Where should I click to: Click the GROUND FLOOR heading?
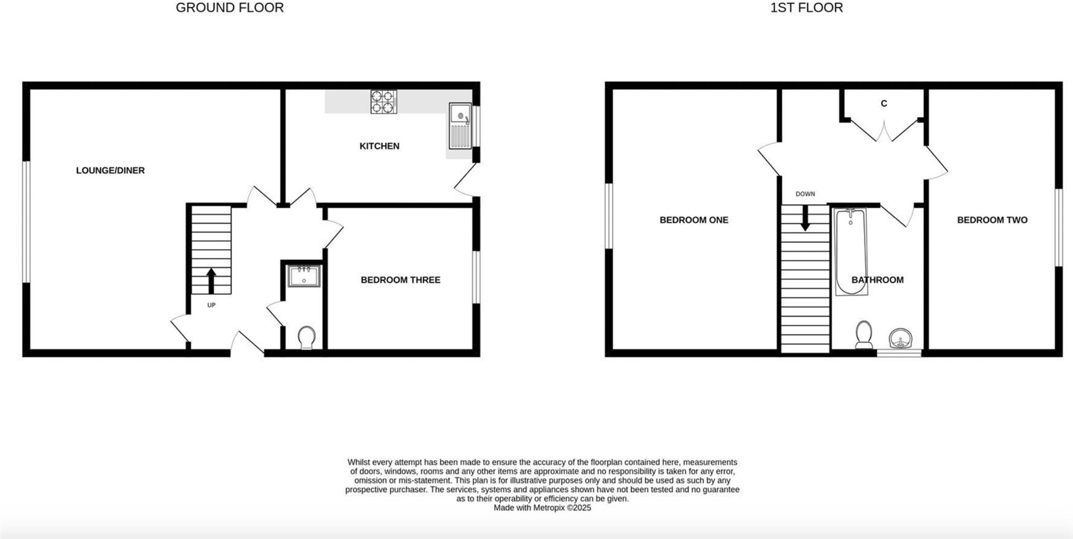click(x=230, y=8)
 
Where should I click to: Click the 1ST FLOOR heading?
click(x=806, y=8)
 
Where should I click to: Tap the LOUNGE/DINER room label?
click(x=110, y=170)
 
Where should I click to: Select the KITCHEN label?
click(x=379, y=146)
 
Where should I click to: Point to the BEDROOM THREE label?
click(x=400, y=280)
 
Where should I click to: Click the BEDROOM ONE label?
click(x=694, y=220)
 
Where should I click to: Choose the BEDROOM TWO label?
click(x=992, y=220)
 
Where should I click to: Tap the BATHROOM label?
click(x=877, y=280)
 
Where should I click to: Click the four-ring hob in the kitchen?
click(x=383, y=102)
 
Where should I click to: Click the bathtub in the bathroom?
click(x=851, y=251)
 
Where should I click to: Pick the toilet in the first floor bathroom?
click(x=864, y=334)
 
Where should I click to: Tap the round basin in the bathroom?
click(x=900, y=338)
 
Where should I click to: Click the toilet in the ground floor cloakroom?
click(x=306, y=337)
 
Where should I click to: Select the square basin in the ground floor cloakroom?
click(x=303, y=276)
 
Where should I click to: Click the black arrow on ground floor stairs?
click(x=211, y=280)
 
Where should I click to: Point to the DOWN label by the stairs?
click(x=805, y=194)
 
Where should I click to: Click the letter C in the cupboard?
click(x=884, y=103)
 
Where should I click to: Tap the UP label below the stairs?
click(x=211, y=305)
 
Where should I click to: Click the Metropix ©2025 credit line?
click(x=542, y=508)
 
